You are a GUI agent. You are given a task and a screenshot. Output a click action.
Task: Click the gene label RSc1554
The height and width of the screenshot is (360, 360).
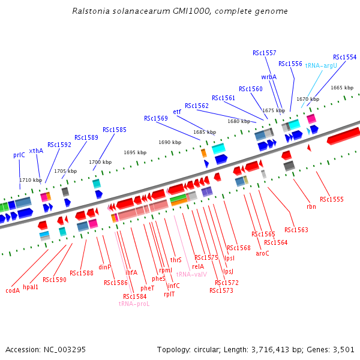click(344, 58)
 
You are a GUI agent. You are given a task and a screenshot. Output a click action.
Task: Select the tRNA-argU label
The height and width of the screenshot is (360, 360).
click(321, 65)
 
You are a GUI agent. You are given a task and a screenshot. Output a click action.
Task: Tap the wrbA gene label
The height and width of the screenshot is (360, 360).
click(269, 77)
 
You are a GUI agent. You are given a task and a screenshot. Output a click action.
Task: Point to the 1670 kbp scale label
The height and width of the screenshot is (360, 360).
click(308, 99)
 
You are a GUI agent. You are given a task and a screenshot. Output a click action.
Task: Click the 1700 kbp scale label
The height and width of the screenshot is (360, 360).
click(100, 162)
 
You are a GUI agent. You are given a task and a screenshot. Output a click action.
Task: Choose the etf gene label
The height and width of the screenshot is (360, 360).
click(177, 112)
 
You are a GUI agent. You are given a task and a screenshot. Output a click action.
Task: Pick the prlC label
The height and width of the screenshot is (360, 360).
click(19, 155)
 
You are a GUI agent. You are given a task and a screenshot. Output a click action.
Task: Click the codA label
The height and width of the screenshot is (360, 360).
click(13, 290)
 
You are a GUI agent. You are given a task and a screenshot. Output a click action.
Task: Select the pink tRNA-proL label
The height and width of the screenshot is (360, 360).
click(134, 304)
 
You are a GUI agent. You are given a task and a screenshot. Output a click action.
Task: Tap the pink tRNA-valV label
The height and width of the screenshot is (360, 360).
click(191, 274)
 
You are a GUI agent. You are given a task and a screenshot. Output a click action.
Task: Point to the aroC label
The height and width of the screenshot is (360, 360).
click(262, 253)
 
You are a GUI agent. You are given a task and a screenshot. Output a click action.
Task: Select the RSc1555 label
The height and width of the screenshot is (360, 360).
click(332, 199)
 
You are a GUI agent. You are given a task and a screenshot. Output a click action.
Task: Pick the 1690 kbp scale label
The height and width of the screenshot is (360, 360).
click(170, 142)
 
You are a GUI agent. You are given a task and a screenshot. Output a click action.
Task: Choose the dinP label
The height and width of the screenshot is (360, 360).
click(105, 267)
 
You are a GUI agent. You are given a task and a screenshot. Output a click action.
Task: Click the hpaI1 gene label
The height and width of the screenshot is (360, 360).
click(31, 287)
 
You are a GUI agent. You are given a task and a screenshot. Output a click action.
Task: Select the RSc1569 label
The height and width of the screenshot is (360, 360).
click(156, 118)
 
